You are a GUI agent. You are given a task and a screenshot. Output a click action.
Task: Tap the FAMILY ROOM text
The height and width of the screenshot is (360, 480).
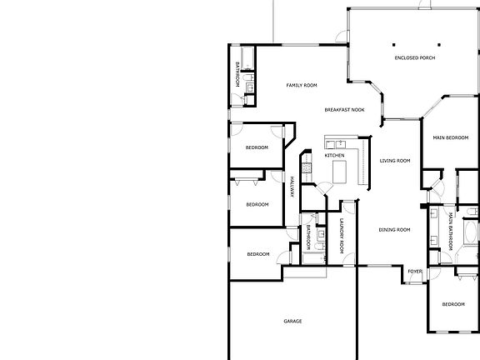(302, 85)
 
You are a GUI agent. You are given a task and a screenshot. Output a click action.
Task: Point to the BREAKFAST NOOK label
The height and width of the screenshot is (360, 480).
(344, 109)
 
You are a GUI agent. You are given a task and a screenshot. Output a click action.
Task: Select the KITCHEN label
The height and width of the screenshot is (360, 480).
(334, 156)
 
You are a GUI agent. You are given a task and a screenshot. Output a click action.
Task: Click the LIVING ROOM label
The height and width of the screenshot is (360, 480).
(395, 161)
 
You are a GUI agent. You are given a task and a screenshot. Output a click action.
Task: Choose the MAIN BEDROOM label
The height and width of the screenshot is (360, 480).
(450, 137)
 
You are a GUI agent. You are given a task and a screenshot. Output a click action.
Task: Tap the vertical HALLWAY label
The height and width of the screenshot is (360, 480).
(292, 188)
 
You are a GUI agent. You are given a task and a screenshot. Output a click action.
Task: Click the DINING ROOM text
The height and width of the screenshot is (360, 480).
(394, 230)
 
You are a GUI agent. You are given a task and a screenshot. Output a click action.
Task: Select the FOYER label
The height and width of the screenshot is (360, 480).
(414, 272)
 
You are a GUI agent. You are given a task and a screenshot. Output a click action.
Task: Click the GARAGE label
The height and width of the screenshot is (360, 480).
(292, 321)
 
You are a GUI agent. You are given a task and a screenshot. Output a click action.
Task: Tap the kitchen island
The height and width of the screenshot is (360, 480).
(339, 172)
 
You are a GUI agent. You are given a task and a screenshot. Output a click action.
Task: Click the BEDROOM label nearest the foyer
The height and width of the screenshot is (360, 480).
(452, 304)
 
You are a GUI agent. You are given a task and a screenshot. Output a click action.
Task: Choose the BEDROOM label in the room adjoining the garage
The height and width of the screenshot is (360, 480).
(257, 254)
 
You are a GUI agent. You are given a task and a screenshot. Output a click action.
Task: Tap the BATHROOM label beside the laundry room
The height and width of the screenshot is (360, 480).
(307, 237)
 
